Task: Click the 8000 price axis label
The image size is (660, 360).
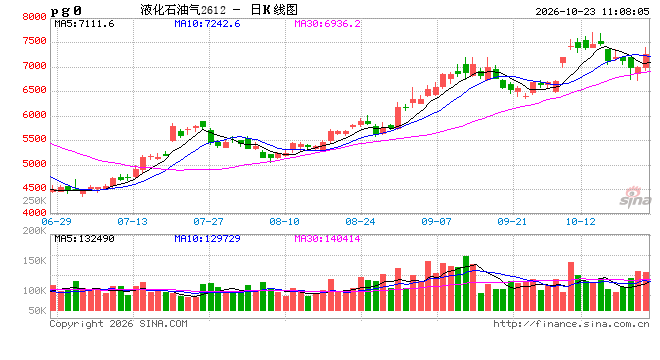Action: tap(35, 16)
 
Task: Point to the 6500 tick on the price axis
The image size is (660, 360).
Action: tap(35, 90)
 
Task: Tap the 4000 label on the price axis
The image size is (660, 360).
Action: tap(35, 213)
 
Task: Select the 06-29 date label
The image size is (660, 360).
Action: tap(56, 221)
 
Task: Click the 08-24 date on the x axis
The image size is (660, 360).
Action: tap(360, 221)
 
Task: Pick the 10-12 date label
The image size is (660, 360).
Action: tap(580, 221)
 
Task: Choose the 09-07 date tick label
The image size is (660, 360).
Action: tap(436, 221)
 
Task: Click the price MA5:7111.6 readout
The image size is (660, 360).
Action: tap(84, 24)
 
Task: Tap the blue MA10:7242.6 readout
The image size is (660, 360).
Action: tap(207, 24)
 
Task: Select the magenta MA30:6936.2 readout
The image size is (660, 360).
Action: tap(327, 24)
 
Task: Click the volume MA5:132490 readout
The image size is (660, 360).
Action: tap(84, 239)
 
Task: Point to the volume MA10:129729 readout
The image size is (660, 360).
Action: tap(207, 239)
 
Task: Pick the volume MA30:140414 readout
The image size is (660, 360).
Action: tap(327, 239)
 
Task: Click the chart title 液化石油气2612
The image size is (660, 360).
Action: tap(183, 10)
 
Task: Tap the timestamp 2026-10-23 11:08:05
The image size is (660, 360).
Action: tap(592, 11)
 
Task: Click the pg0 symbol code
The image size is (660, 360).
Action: tap(66, 11)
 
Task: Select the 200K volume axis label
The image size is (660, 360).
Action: tap(35, 231)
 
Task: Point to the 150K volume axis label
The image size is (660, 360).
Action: tap(35, 261)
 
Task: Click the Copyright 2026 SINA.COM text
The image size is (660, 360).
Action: tap(118, 324)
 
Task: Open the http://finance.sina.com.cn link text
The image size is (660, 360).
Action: tap(571, 324)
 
